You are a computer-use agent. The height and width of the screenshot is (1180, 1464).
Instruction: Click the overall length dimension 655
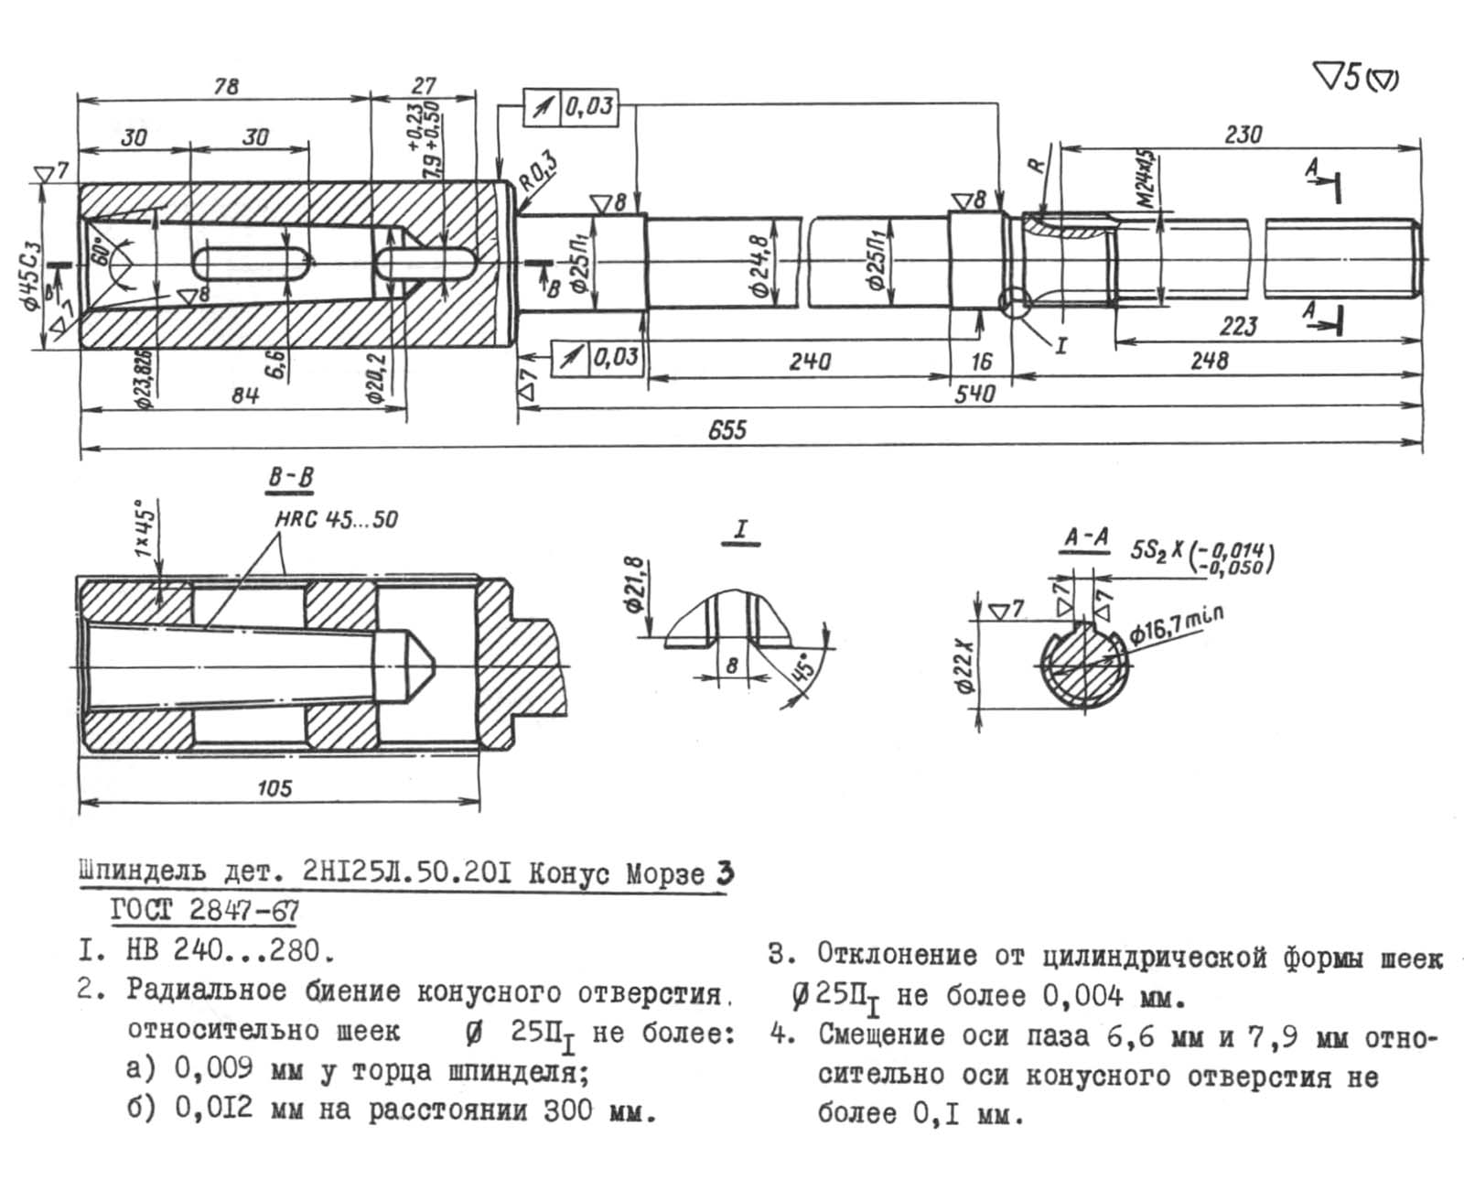(727, 428)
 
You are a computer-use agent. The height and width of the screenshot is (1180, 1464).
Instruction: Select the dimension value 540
(974, 395)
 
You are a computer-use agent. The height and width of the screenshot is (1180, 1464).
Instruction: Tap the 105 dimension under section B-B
(274, 787)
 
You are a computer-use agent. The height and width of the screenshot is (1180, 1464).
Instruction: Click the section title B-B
(291, 477)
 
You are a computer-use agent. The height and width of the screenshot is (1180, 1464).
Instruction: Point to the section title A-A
(1086, 536)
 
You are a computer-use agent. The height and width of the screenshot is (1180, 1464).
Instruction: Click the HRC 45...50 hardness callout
(337, 520)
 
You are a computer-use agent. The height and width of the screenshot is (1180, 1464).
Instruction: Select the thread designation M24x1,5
(1147, 180)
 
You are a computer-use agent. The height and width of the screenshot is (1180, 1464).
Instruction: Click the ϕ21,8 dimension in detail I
(638, 589)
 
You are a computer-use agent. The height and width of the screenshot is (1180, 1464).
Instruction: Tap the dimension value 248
(1209, 360)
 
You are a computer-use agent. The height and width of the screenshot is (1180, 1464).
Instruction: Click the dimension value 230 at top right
(1243, 135)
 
